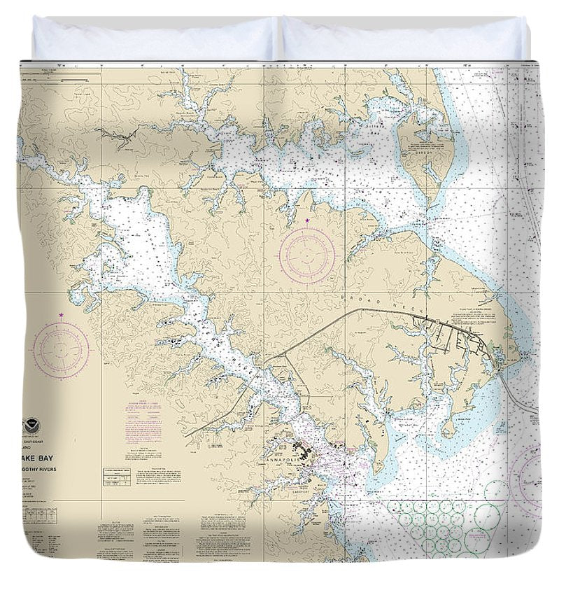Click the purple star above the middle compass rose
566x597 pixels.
(307, 220)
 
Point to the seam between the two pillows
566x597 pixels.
(280, 38)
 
